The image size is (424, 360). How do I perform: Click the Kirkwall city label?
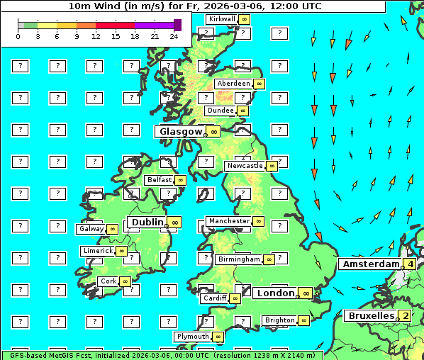222,18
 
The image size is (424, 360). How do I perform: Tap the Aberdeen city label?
233,84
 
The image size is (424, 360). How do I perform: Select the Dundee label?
220,111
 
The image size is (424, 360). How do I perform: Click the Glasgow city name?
181,131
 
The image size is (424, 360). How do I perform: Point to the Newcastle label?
244,166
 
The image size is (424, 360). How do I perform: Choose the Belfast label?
160,180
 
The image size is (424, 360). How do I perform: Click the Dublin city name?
147,222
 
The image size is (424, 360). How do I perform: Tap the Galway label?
91,229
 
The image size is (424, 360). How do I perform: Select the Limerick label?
97,251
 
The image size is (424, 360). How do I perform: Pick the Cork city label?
108,281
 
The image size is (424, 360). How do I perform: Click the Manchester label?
229,221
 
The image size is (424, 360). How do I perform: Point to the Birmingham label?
239,259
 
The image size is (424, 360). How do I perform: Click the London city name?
275,293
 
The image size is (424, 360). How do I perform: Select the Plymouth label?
193,337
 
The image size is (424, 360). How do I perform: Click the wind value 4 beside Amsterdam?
410,264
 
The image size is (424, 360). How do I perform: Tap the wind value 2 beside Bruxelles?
404,316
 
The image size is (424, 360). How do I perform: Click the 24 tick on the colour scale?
174,36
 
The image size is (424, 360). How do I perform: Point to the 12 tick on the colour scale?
96,36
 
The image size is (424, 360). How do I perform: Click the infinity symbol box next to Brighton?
303,320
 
